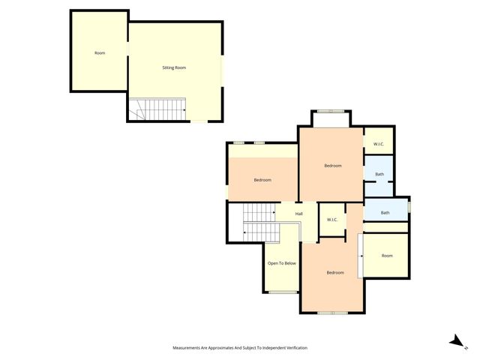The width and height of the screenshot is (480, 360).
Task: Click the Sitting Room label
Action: [x=174, y=67]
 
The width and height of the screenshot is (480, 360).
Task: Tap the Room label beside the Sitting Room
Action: [x=100, y=53]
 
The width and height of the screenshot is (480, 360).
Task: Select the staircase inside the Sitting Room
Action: [x=158, y=109]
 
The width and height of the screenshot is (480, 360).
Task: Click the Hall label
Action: [x=299, y=214]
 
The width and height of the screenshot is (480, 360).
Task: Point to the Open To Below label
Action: [x=282, y=263]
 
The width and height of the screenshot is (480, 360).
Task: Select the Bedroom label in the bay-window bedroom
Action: [x=333, y=165]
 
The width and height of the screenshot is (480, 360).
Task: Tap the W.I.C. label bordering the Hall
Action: [x=332, y=220]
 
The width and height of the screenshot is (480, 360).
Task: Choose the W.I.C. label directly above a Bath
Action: [x=379, y=143]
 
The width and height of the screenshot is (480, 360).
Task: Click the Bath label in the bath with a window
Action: [x=385, y=212]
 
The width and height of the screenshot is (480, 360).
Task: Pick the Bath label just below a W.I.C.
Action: [x=379, y=175]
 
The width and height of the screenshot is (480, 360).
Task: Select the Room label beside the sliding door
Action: [x=387, y=256]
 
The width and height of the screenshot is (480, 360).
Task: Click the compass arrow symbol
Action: [x=455, y=341]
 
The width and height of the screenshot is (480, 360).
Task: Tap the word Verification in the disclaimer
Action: [x=292, y=348]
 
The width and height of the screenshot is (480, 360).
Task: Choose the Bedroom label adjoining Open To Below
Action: [x=335, y=272]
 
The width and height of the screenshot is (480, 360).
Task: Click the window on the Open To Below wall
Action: [x=282, y=292]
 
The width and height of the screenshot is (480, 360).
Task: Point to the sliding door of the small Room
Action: [x=361, y=256]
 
